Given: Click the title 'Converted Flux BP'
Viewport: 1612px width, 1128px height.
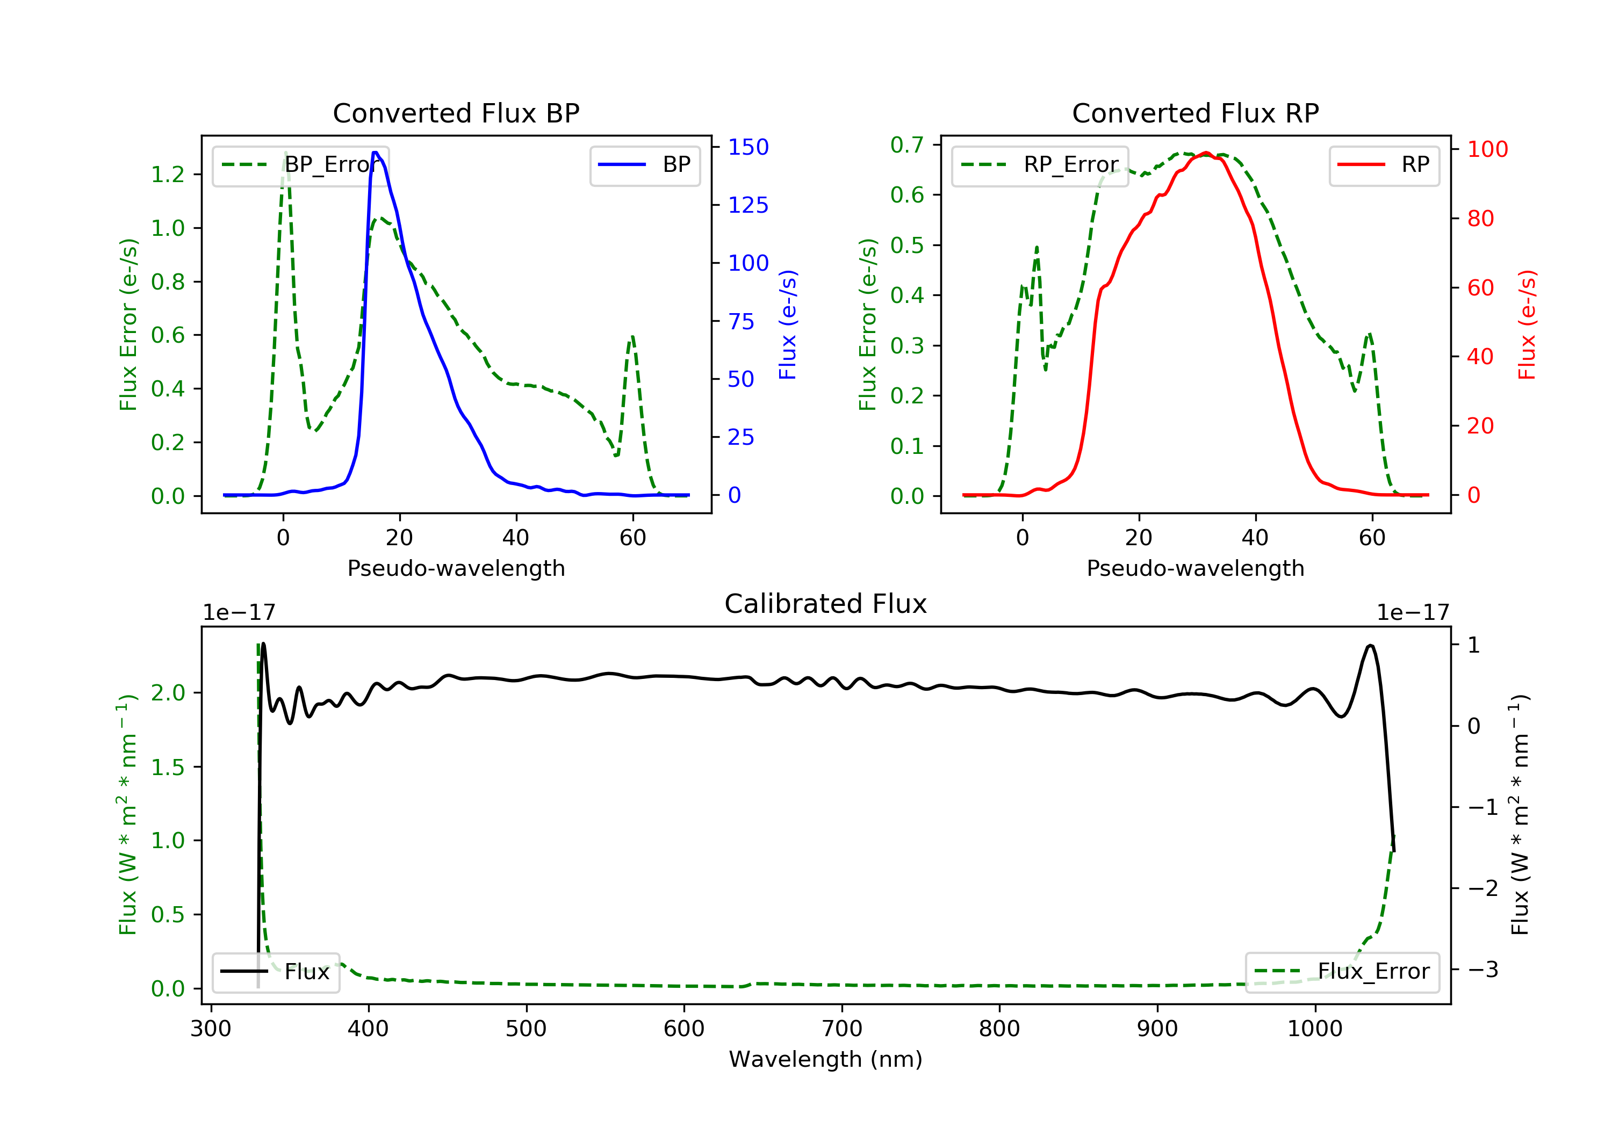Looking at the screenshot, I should tap(456, 113).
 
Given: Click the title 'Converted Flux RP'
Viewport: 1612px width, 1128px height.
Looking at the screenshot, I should tap(1195, 113).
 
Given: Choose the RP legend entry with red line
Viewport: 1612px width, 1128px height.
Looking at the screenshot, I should tap(1384, 165).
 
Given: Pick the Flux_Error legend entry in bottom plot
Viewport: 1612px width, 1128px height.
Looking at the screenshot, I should tap(1342, 972).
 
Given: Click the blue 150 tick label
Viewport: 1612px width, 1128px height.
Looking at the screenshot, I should tap(748, 147).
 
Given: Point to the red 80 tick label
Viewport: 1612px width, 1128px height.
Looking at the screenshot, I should tap(1480, 219).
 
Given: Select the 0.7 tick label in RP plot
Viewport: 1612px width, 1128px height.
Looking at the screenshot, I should tap(907, 146).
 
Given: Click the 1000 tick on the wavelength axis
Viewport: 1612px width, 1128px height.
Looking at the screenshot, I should tap(1314, 1029).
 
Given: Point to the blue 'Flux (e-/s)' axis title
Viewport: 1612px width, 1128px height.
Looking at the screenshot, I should tap(788, 324).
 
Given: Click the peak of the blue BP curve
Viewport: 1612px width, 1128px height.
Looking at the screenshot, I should tap(376, 153).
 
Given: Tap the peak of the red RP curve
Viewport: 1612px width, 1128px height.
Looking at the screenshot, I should tap(1205, 153).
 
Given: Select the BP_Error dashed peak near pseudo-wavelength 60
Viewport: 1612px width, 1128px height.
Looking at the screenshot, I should tap(632, 336).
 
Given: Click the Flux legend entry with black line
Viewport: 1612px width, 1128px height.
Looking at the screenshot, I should tap(276, 972).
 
